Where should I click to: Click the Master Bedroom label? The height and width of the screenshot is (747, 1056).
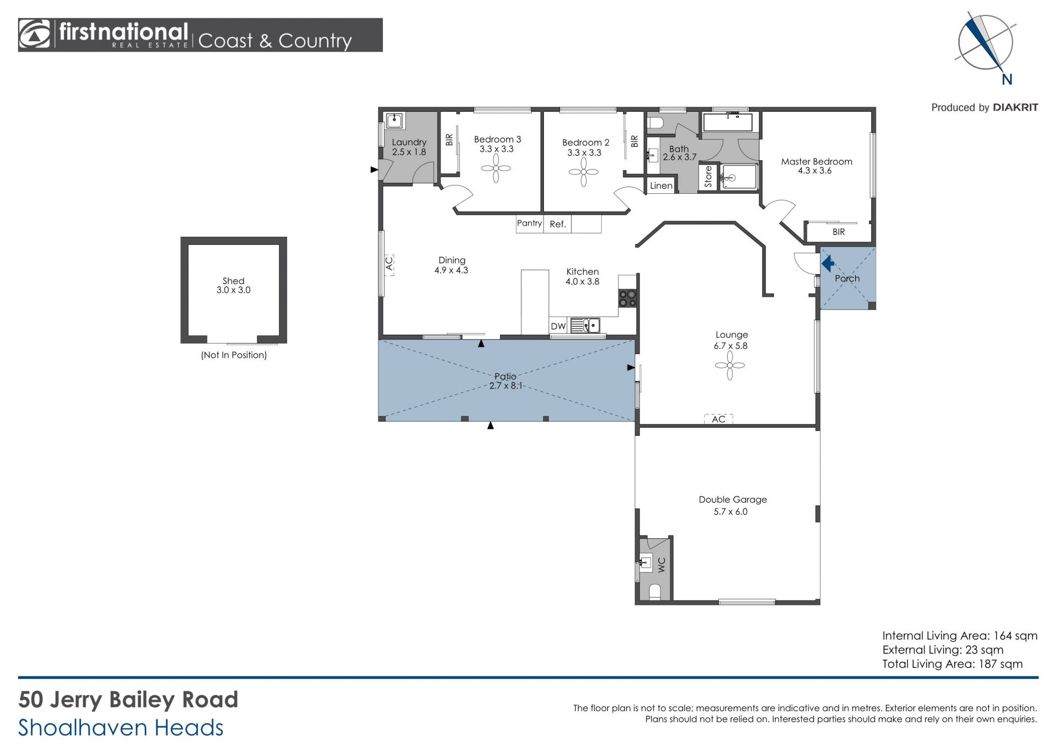coord(816,161)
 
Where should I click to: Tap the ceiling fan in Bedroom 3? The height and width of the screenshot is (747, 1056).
coord(496,168)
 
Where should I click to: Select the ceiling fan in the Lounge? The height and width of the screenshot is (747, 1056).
coord(730,366)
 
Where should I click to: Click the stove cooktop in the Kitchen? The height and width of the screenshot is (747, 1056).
coord(628,298)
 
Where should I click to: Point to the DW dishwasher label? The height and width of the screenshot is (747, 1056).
coord(558,326)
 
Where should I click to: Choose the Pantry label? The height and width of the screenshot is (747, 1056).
coord(529,223)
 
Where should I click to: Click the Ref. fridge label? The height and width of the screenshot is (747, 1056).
coord(558,224)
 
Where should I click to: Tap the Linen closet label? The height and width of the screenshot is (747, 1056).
coord(661,186)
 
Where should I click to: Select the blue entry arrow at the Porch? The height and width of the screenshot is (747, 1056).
coord(828,264)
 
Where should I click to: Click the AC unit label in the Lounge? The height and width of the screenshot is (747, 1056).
coord(718,419)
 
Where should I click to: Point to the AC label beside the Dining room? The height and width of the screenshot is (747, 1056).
coord(389,264)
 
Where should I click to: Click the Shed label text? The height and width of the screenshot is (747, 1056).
coord(233,281)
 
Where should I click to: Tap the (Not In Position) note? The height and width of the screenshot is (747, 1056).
coord(234,355)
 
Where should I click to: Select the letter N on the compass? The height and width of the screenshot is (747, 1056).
coord(1007,80)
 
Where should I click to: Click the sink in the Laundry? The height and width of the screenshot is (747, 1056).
coord(394,121)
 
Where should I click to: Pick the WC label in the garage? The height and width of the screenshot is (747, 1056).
coord(662,565)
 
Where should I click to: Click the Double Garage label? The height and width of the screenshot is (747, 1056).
coord(733,499)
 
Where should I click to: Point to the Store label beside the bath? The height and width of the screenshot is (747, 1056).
coord(708,177)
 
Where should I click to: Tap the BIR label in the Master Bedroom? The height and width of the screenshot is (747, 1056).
coord(839,232)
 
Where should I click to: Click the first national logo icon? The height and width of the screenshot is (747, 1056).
coord(35,35)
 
